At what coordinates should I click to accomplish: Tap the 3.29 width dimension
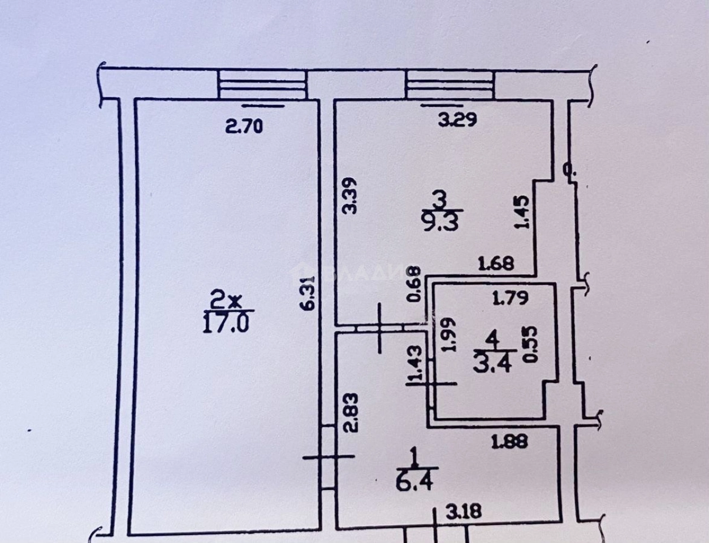pyautogui.click(x=459, y=119)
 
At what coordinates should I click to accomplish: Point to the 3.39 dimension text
pyautogui.click(x=350, y=196)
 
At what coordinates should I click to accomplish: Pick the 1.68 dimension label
pyautogui.click(x=496, y=263)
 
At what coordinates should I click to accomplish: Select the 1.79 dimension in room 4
pyautogui.click(x=510, y=297)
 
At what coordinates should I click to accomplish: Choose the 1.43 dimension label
pyautogui.click(x=417, y=363)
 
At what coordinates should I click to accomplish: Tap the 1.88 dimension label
pyautogui.click(x=509, y=441)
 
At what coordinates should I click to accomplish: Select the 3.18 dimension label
pyautogui.click(x=464, y=512)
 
